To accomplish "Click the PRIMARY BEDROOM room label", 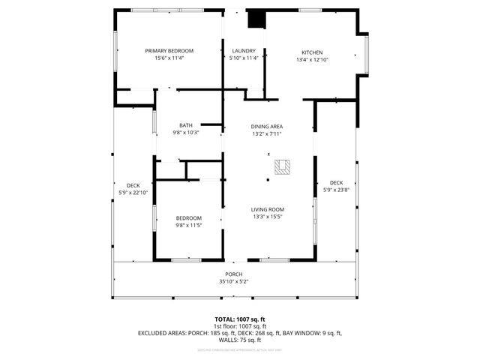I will (x=169, y=51).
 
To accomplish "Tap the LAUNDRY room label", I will (x=244, y=51).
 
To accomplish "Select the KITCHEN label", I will (x=313, y=52).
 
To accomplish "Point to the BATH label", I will (x=186, y=125).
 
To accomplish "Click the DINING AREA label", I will (x=267, y=126).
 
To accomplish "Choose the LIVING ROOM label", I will (x=268, y=209).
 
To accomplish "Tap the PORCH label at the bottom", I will (x=234, y=274).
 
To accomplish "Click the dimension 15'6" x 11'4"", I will (x=169, y=58).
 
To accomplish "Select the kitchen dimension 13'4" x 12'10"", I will (x=313, y=59).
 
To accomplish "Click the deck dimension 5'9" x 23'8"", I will (x=336, y=190).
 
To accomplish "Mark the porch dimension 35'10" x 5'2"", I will (x=234, y=282).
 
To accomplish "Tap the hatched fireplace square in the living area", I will (x=282, y=166).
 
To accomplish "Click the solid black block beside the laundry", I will (x=256, y=18).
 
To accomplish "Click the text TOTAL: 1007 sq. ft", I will (x=240, y=319).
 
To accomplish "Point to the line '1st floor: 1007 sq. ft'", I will (x=240, y=325).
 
